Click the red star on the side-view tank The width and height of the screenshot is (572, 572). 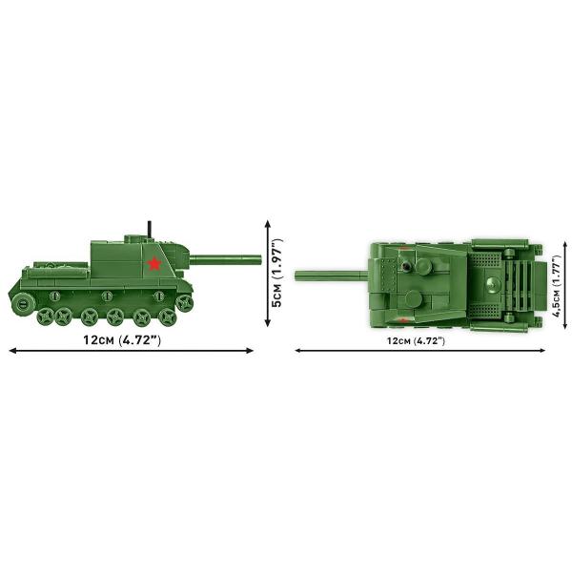(154, 263)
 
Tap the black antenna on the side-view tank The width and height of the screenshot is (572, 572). (150, 230)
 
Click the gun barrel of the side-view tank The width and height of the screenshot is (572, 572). (225, 259)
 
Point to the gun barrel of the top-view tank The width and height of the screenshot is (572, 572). (331, 276)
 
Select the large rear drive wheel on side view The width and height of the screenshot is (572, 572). (23, 303)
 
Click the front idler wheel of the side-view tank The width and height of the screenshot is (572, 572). (184, 303)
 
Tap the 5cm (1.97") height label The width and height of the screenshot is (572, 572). (277, 274)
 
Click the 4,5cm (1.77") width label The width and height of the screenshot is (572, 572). (557, 286)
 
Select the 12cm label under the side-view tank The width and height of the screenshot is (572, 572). (122, 340)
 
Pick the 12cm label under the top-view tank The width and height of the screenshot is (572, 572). (417, 341)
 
